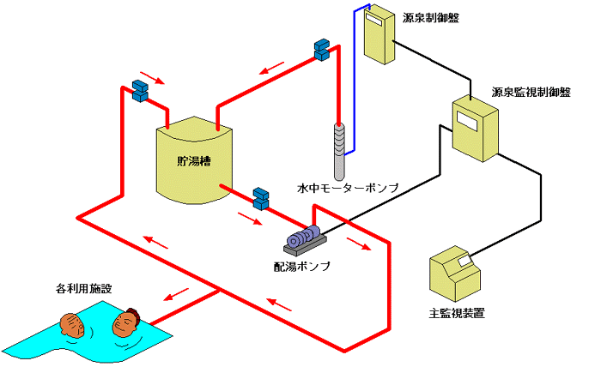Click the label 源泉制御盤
(430, 16)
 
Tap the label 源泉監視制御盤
(531, 92)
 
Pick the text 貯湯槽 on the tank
(193, 160)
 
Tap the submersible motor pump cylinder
(341, 146)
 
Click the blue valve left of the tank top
(139, 89)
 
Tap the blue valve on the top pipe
(322, 49)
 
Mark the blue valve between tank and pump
(261, 198)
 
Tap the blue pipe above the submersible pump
(355, 69)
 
